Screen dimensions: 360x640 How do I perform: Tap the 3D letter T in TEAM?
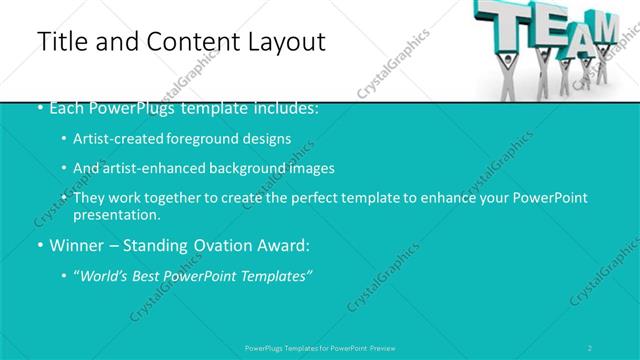tap(500, 20)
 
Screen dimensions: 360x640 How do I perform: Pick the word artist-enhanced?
tap(154, 168)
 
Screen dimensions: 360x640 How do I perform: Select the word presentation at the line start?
tap(114, 215)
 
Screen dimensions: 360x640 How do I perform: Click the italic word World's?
tap(103, 275)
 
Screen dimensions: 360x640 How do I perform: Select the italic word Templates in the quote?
tap(276, 275)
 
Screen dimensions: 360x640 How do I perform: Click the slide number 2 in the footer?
tap(590, 348)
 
